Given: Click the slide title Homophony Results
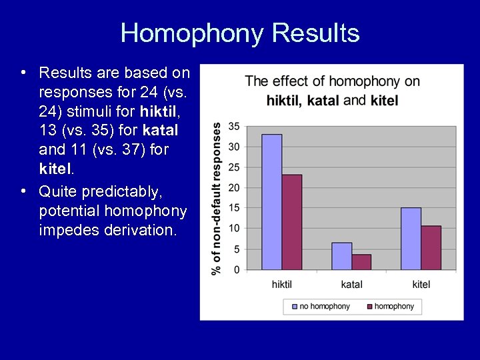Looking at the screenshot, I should click(x=240, y=33).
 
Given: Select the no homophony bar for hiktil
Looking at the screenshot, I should click(x=271, y=202).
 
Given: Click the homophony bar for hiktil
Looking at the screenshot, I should click(x=292, y=222).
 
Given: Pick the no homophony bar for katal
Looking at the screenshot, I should click(x=341, y=256).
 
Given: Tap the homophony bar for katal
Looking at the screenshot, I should click(x=361, y=262).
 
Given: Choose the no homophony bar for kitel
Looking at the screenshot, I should click(x=411, y=239).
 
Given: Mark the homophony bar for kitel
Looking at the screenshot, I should click(x=431, y=248).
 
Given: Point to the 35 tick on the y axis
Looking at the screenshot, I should click(x=234, y=126).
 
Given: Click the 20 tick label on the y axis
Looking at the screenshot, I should click(x=234, y=187).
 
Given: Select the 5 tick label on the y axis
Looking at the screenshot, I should click(x=236, y=249).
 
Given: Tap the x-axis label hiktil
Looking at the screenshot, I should click(x=282, y=285).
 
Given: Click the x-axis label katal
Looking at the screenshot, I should click(x=351, y=285).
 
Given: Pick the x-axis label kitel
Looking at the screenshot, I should click(x=421, y=285).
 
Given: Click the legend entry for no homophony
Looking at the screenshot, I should click(x=320, y=307).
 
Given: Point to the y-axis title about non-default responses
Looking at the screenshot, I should click(x=217, y=198).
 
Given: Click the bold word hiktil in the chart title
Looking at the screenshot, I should click(x=283, y=101).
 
